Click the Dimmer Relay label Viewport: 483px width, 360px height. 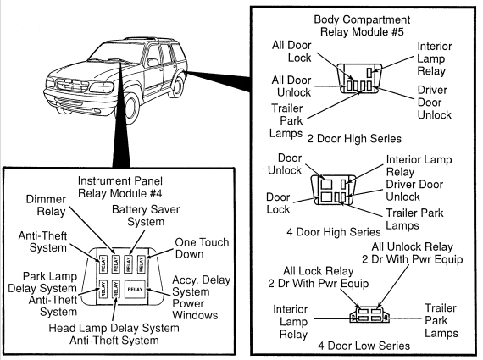[x=46, y=205]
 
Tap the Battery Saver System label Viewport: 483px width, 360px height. [x=146, y=215]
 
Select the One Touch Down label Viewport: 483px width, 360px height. [x=202, y=248]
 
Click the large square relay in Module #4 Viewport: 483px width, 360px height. [x=135, y=289]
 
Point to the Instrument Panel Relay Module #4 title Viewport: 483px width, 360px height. [x=119, y=187]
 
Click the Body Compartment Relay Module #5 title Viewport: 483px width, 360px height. [x=362, y=25]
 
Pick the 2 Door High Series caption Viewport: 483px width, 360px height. [x=354, y=139]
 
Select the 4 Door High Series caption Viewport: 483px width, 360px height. [x=334, y=231]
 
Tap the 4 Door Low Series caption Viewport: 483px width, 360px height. [x=364, y=346]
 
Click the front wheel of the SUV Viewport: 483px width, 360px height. [x=130, y=108]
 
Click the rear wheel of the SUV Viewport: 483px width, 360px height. [x=178, y=84]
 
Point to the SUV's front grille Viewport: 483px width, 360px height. [x=71, y=84]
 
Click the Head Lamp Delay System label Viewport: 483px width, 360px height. [x=114, y=328]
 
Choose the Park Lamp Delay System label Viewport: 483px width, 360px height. [x=42, y=282]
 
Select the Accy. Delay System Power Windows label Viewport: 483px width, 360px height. [x=201, y=297]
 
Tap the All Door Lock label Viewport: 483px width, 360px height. [x=291, y=52]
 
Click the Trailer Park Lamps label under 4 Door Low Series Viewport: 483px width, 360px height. [x=441, y=320]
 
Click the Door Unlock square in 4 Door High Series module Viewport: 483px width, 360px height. [x=326, y=184]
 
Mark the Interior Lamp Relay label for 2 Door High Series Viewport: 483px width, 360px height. [x=435, y=58]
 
